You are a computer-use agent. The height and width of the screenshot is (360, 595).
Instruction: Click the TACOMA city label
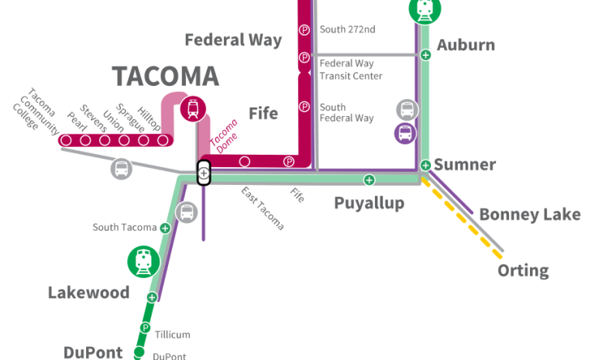166,76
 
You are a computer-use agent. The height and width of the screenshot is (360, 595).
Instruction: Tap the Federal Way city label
232,39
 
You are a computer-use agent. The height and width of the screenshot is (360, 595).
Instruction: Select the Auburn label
466,45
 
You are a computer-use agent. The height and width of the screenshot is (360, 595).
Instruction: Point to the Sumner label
465,164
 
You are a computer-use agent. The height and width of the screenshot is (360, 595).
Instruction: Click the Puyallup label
370,203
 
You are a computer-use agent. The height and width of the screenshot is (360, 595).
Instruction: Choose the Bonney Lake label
529,214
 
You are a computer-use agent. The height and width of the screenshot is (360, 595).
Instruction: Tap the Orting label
523,271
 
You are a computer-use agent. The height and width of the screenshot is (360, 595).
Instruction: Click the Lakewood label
88,293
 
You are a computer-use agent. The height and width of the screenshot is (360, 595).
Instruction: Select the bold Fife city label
263,113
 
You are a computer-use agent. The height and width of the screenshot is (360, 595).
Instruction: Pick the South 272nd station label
347,29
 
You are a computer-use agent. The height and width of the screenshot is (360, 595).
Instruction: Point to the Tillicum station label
172,334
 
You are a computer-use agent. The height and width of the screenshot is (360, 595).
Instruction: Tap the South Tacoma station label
125,228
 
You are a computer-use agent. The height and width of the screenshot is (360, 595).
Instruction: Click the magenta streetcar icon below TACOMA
193,108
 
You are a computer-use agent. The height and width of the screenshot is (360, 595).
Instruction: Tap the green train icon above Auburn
425,9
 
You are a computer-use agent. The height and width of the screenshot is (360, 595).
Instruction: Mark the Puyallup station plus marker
369,180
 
